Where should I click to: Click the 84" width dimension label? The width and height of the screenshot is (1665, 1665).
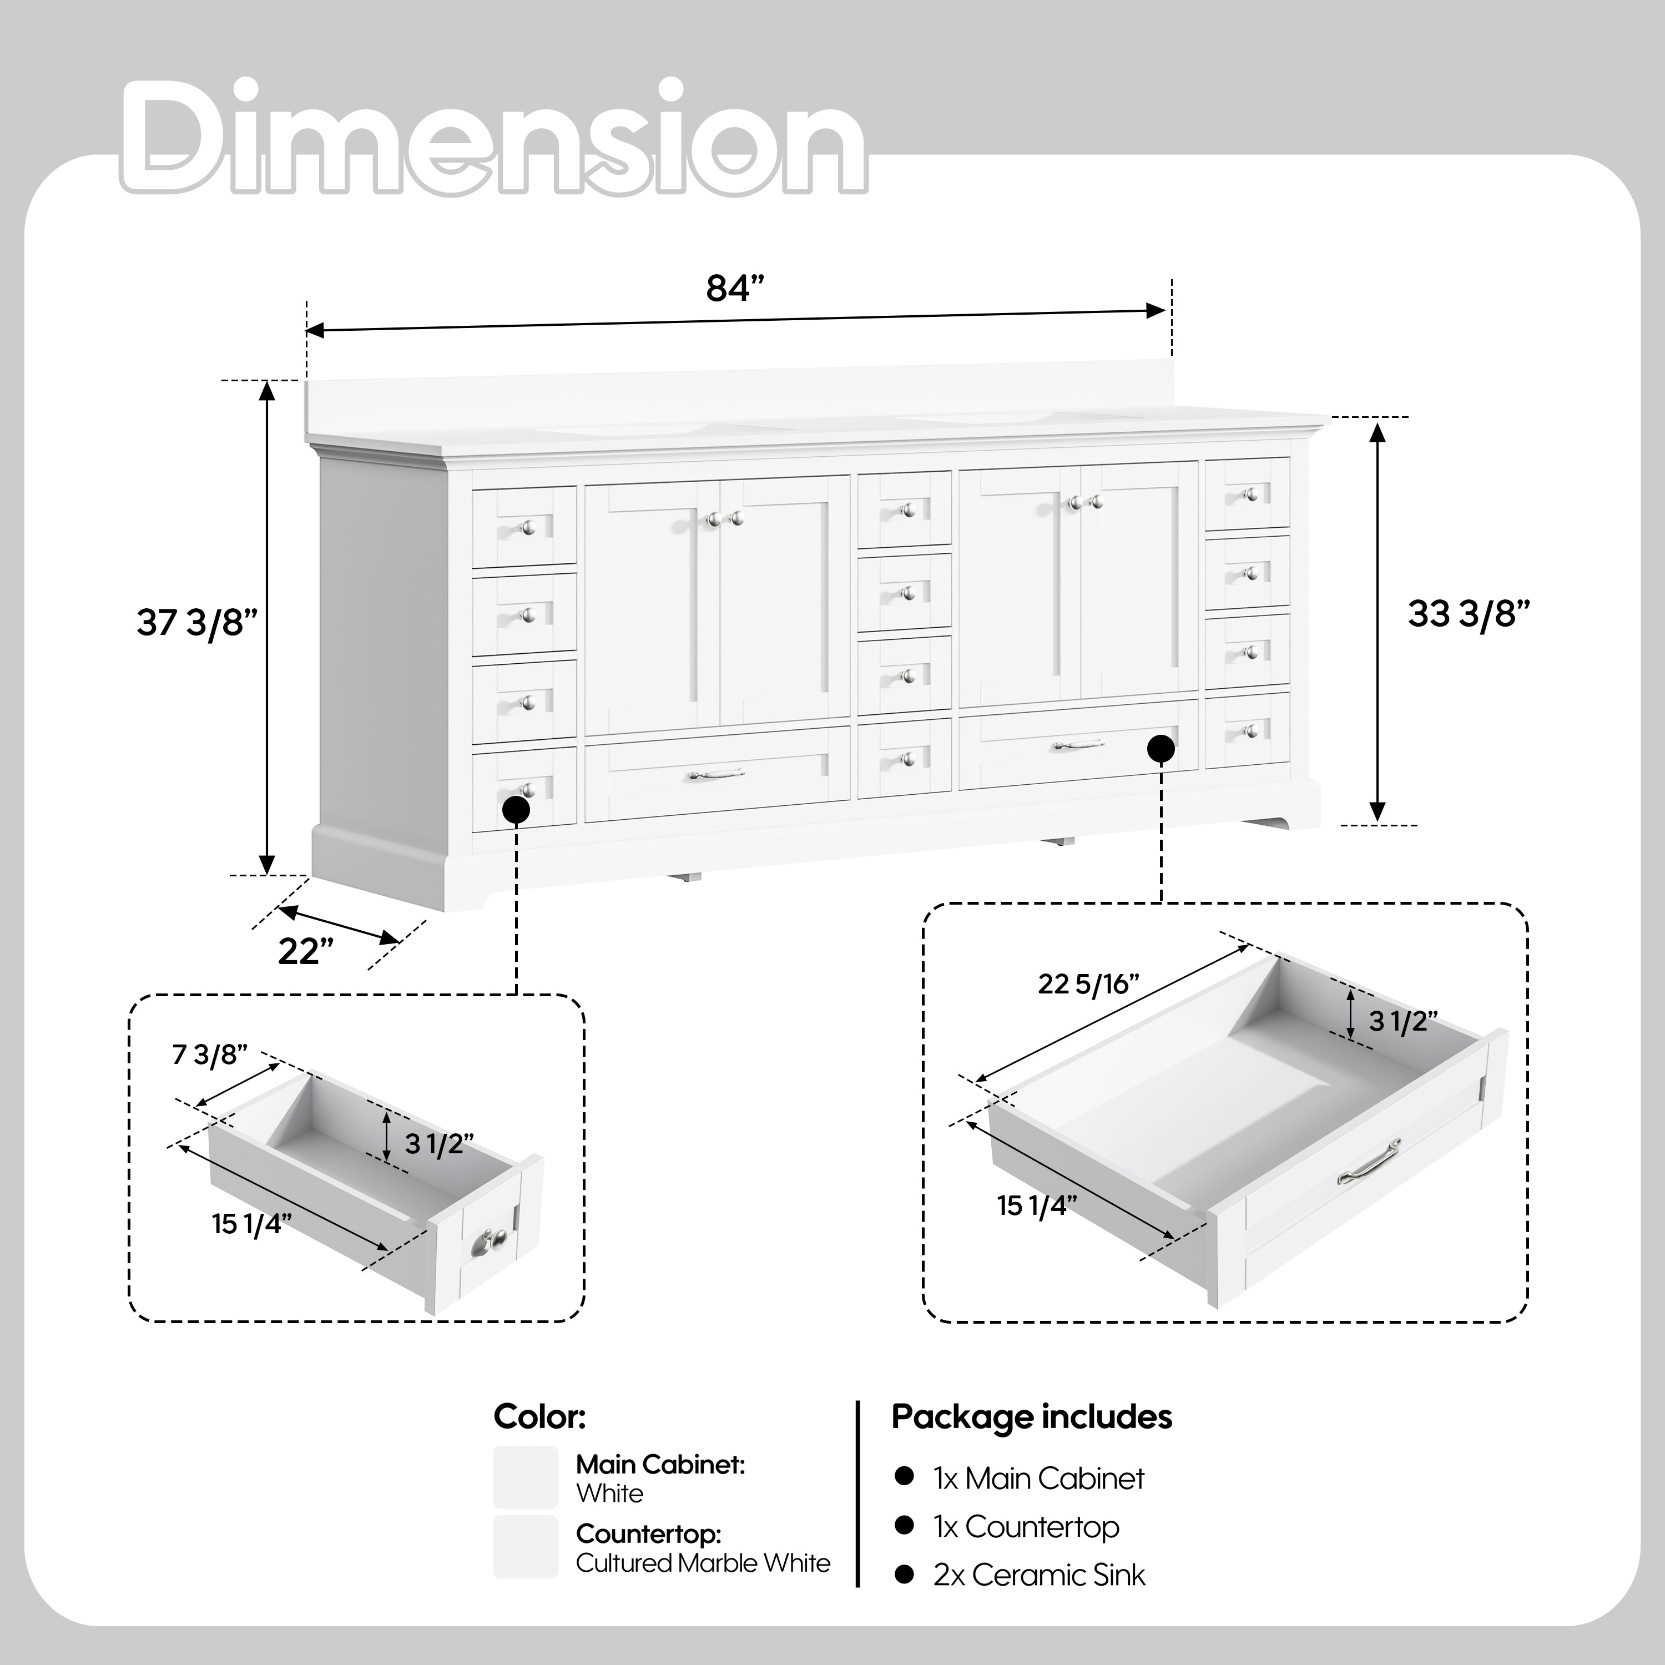click(735, 289)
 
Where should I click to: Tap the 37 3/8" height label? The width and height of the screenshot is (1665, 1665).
click(198, 622)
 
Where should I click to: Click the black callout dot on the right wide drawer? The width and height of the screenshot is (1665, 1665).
click(1161, 749)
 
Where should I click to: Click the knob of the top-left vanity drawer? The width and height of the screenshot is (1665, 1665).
click(527, 527)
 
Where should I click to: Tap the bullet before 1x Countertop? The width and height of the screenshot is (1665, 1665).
click(903, 1525)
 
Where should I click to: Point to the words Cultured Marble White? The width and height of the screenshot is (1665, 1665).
click(703, 1562)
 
